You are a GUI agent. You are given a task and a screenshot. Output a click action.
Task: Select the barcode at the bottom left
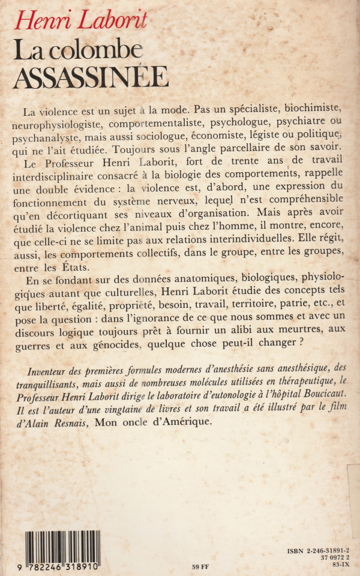pos(62,548)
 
